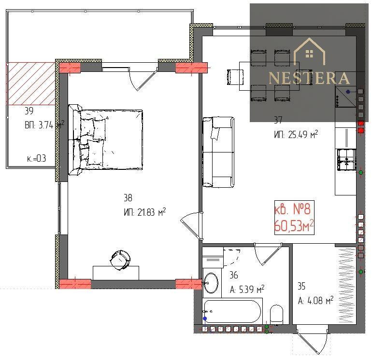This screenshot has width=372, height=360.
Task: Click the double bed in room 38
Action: click(106, 139)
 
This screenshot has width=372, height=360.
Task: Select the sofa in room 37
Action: click(218, 152)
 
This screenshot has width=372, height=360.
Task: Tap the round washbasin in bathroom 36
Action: click(211, 283)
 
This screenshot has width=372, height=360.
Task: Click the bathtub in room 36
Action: click(232, 312)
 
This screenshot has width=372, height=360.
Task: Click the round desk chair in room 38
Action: click(120, 260)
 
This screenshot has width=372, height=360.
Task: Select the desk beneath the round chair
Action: click(116, 273)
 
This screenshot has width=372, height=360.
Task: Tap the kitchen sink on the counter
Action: click(346, 160)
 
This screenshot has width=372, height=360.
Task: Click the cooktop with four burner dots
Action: click(345, 97)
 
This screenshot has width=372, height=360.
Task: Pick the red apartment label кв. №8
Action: click(292, 209)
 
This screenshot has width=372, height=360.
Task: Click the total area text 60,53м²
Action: click(294, 226)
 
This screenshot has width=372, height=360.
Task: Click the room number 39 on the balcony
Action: click(29, 111)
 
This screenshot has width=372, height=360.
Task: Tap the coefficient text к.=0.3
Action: click(37, 158)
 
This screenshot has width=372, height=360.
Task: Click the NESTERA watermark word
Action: click(309, 78)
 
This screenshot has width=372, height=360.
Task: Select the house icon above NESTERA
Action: click(309, 51)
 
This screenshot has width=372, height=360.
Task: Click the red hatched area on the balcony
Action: click(30, 83)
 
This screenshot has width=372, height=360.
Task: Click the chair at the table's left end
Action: click(235, 77)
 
